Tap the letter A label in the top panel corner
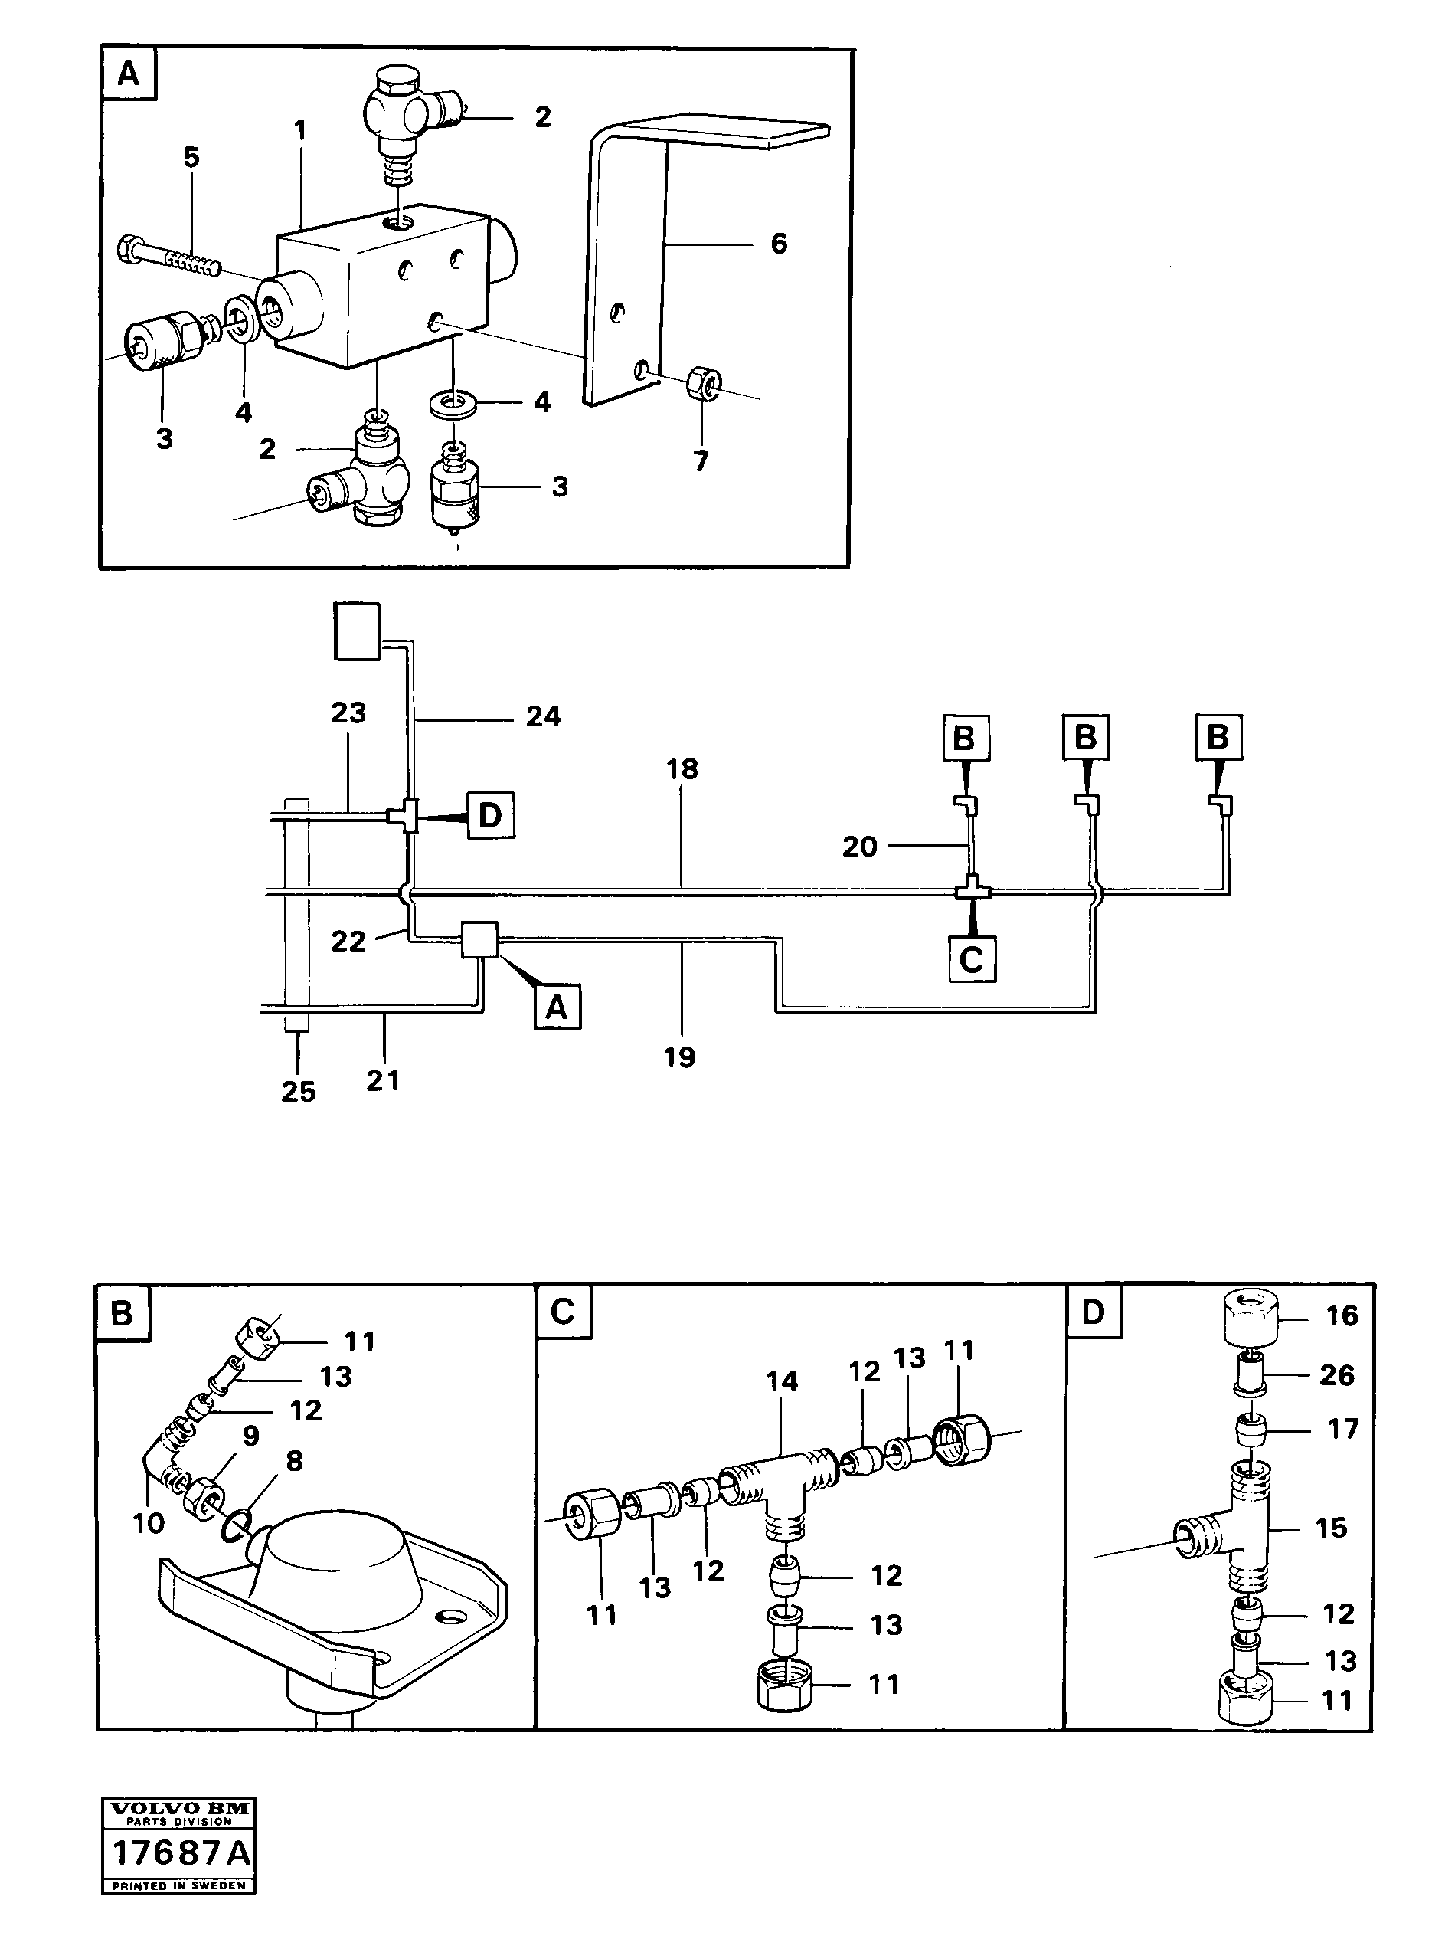click(x=129, y=74)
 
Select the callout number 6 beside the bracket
click(x=779, y=244)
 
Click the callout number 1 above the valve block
click(x=300, y=132)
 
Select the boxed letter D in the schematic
click(x=491, y=815)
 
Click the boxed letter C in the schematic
click(x=972, y=959)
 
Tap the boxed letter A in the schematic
click(x=557, y=1007)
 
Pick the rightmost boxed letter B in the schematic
click(x=1217, y=737)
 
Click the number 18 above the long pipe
click(x=682, y=768)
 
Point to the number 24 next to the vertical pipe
click(x=544, y=716)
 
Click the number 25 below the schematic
click(x=298, y=1092)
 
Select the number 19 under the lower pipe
click(x=679, y=1057)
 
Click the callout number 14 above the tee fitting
click(x=782, y=1381)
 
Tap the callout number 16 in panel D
click(x=1342, y=1315)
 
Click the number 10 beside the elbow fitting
click(x=149, y=1523)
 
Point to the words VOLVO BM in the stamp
click(x=180, y=1808)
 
